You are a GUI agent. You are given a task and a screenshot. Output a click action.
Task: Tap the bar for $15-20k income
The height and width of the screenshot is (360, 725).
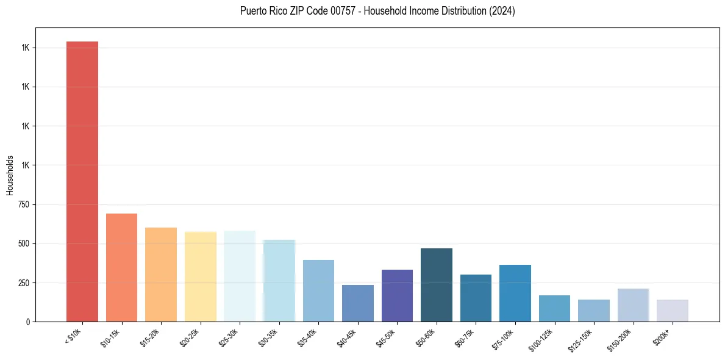coord(161,275)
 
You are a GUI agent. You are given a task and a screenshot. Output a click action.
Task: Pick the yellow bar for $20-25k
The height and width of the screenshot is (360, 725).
coord(200,276)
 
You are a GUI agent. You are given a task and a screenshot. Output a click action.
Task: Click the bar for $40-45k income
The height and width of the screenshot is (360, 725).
coord(357,303)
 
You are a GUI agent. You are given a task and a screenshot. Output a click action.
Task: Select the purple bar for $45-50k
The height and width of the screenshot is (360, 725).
coord(397,295)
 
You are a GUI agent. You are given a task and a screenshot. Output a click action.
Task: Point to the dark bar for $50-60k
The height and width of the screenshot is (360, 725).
coord(436,285)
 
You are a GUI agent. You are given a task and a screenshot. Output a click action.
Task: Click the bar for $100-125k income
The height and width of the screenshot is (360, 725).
coord(554,308)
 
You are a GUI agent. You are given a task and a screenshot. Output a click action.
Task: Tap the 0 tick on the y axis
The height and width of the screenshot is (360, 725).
coord(27,322)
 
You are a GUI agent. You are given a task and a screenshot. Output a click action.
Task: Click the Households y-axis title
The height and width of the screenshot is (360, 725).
coord(10,175)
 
